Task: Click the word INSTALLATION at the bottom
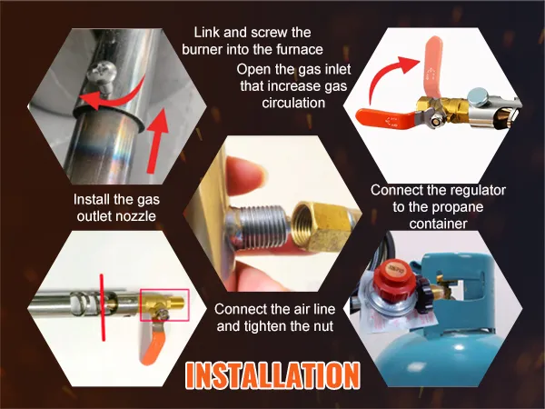pos(272,375)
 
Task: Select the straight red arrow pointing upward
pos(156,140)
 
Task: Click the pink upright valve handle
pos(432,66)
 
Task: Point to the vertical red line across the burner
pos(103,307)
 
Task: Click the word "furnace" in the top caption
pos(300,50)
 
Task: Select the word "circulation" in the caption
pos(293,103)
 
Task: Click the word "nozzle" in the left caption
pos(134,216)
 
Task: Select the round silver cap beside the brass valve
pos(478,97)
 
